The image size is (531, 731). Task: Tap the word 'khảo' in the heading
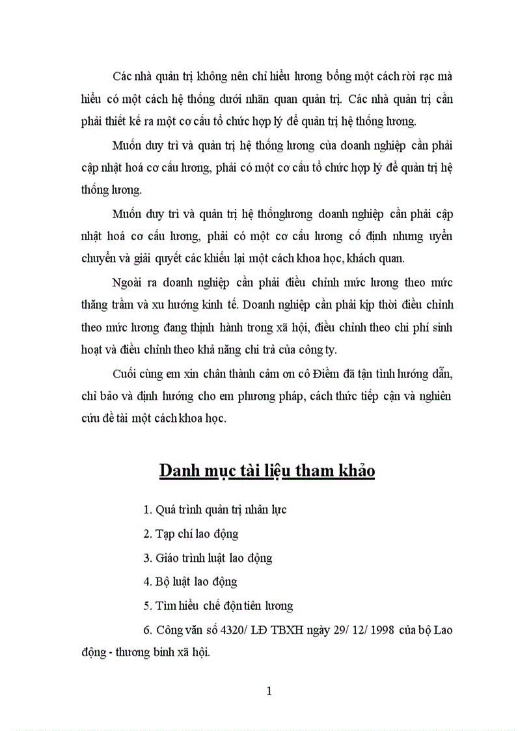(x=353, y=470)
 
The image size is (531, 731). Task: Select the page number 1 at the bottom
(x=269, y=691)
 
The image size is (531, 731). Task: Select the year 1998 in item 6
(x=379, y=630)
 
